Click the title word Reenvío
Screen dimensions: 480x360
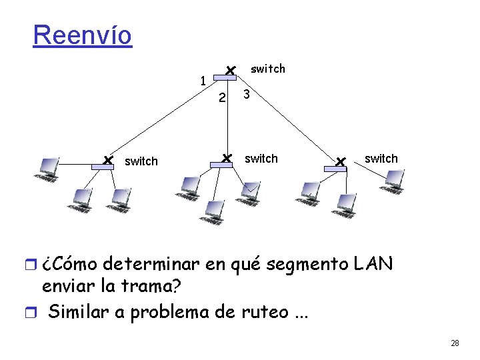tap(83, 35)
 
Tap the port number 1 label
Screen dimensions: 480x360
tap(202, 81)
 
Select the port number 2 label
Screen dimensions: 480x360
tap(223, 99)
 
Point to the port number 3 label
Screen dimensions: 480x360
tap(247, 95)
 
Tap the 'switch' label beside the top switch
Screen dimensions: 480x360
tap(267, 69)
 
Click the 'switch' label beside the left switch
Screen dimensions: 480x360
tap(141, 161)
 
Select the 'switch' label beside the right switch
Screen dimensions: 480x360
tap(381, 159)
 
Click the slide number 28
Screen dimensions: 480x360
tap(455, 343)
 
